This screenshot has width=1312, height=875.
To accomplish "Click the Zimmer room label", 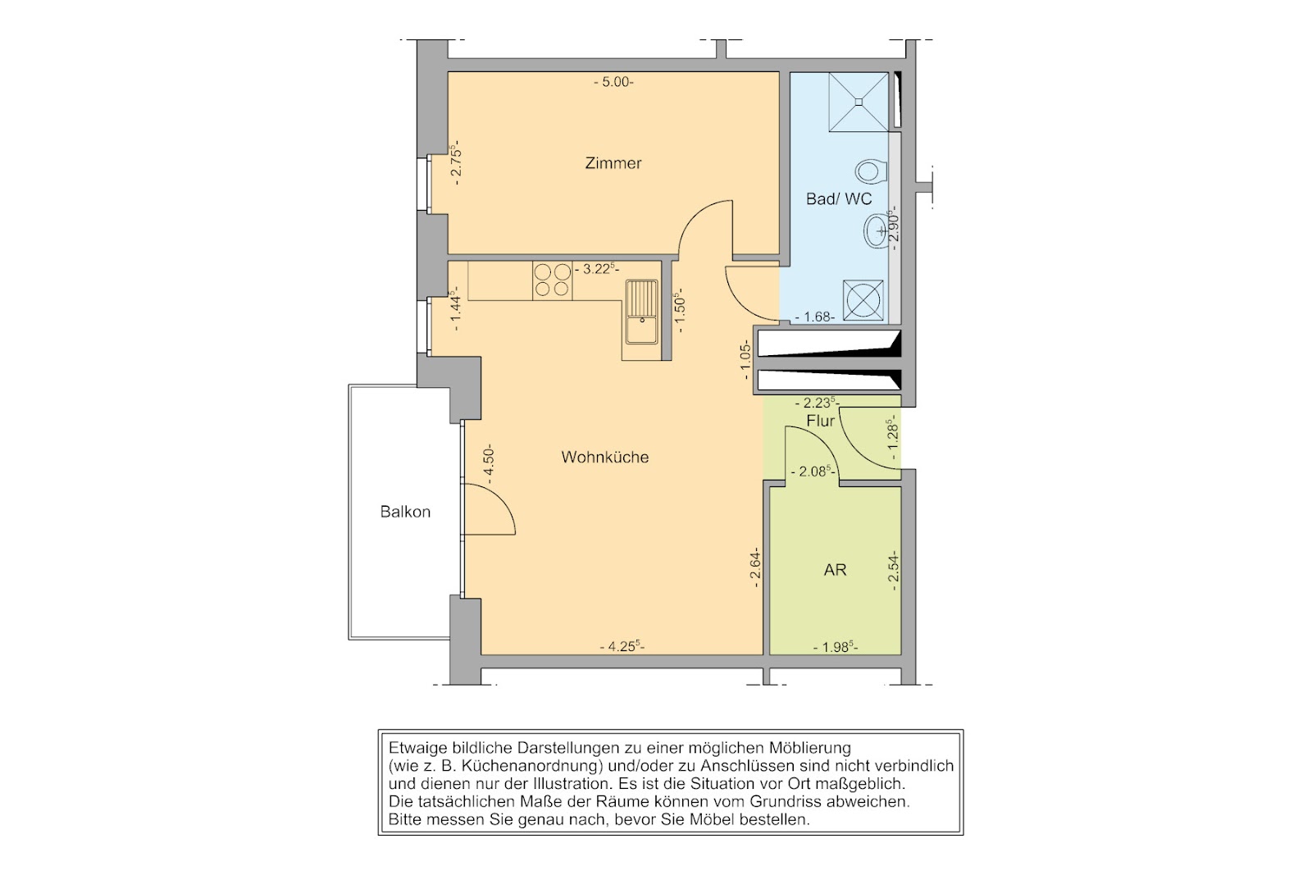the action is pyautogui.click(x=613, y=163).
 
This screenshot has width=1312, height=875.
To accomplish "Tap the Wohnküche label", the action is pyautogui.click(x=605, y=457).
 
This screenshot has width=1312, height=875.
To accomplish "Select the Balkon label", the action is pyautogui.click(x=405, y=512).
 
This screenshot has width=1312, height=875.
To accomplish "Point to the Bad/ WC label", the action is pyautogui.click(x=839, y=199).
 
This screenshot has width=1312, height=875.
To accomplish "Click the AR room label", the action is pyautogui.click(x=836, y=570).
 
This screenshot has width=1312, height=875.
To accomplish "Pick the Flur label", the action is pyautogui.click(x=821, y=421).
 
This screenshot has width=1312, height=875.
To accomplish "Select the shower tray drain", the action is pyautogui.click(x=859, y=102).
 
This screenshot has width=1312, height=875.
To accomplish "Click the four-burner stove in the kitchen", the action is pyautogui.click(x=553, y=280).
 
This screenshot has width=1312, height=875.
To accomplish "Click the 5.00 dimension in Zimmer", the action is pyautogui.click(x=614, y=82).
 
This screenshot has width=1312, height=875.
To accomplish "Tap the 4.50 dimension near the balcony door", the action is pyautogui.click(x=489, y=464).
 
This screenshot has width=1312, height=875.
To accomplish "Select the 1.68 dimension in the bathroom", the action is pyautogui.click(x=815, y=317).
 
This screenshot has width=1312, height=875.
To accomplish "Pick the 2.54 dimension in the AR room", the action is pyautogui.click(x=893, y=569).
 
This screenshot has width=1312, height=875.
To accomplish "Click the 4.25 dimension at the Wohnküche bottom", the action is pyautogui.click(x=622, y=647).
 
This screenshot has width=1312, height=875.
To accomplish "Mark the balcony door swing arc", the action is pyautogui.click(x=502, y=498).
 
